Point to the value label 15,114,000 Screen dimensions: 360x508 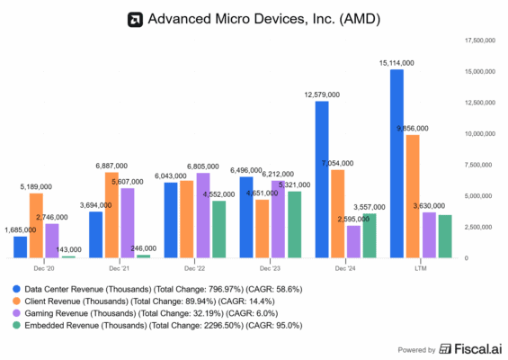pyautogui.click(x=396, y=63)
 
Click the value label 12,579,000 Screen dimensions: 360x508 pyautogui.click(x=321, y=94)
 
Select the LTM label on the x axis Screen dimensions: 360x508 pyautogui.click(x=419, y=268)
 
